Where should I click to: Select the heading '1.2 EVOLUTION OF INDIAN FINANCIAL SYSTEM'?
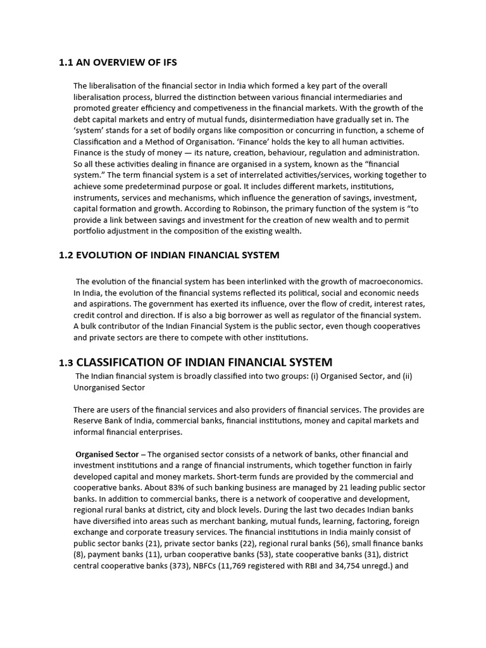tap(169, 255)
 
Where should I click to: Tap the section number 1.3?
tap(66, 363)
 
